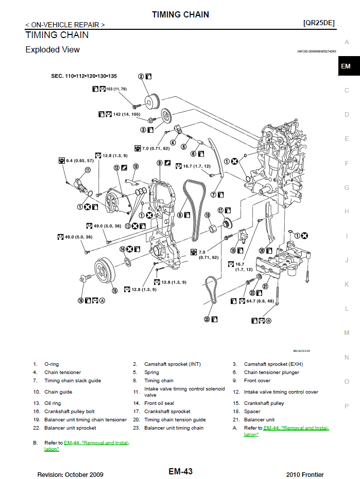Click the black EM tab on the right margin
[x=346, y=66]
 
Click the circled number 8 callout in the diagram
[x=180, y=215]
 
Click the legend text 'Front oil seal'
[x=159, y=403]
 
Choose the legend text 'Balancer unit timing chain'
[x=174, y=428]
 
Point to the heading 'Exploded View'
[x=53, y=50]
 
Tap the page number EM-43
[x=180, y=471]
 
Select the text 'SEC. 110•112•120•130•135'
[x=84, y=76]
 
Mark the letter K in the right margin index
[x=347, y=285]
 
